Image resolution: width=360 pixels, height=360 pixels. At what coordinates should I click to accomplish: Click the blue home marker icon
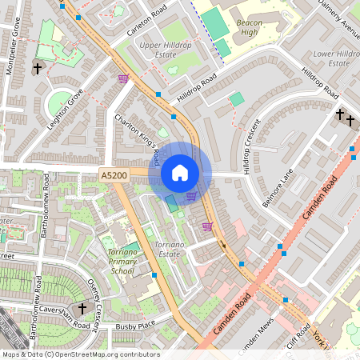point(180,173)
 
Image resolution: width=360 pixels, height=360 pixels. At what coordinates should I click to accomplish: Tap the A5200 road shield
point(113,174)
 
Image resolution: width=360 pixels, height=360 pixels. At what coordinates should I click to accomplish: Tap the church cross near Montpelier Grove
point(38,69)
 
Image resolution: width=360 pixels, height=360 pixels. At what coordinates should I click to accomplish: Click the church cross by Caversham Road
point(82,308)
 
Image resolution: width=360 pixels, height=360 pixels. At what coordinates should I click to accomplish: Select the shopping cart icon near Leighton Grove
point(123,78)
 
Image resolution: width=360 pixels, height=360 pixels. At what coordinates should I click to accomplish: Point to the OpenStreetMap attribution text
point(80,354)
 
